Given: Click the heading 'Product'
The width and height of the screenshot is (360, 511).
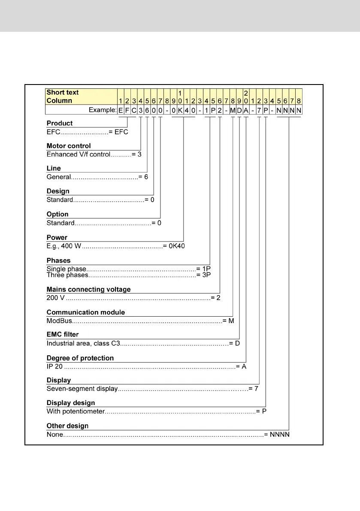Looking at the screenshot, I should pos(60,123).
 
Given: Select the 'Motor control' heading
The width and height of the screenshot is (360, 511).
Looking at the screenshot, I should pos(69,146).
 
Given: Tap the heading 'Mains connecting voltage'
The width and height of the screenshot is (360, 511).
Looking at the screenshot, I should pos(88,289).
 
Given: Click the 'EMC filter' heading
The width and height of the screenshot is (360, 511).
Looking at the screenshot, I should pos(64,335).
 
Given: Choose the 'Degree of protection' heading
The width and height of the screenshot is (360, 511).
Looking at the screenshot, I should pos(80,358).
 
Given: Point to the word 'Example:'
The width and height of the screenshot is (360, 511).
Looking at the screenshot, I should pos(103,110).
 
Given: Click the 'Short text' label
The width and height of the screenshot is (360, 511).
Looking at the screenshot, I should pos(63,92).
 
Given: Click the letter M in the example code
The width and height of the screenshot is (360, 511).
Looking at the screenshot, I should pos(233,110).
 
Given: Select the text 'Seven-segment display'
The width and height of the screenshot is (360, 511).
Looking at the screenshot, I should pos(82,389).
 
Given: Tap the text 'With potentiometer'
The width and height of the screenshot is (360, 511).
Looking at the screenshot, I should pos(76,412).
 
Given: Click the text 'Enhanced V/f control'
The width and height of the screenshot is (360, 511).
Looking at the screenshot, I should pos(78,154).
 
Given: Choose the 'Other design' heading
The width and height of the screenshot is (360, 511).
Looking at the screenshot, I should pos(67,426).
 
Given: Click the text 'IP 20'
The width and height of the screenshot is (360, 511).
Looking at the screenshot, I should pos(54,366).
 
